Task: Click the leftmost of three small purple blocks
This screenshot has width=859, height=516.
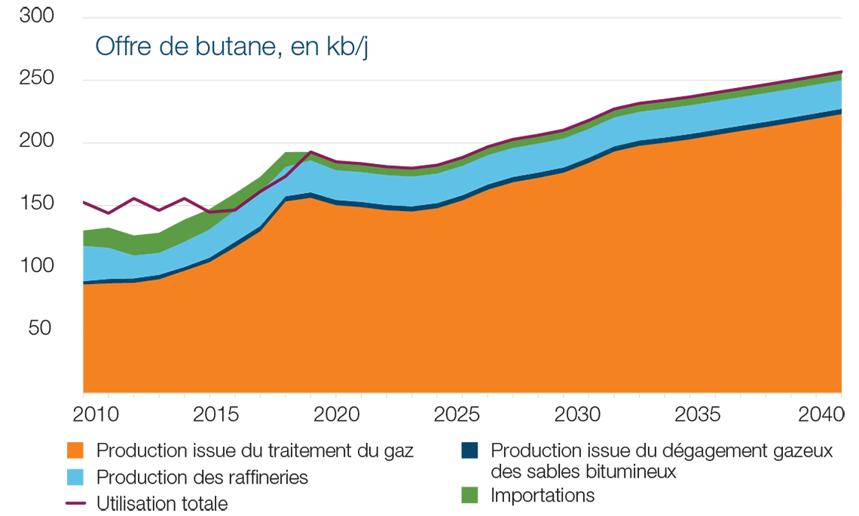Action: tap(78, 188)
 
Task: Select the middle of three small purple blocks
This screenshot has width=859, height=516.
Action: tap(133, 187)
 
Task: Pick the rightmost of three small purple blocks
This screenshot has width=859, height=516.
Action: tap(182, 188)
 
